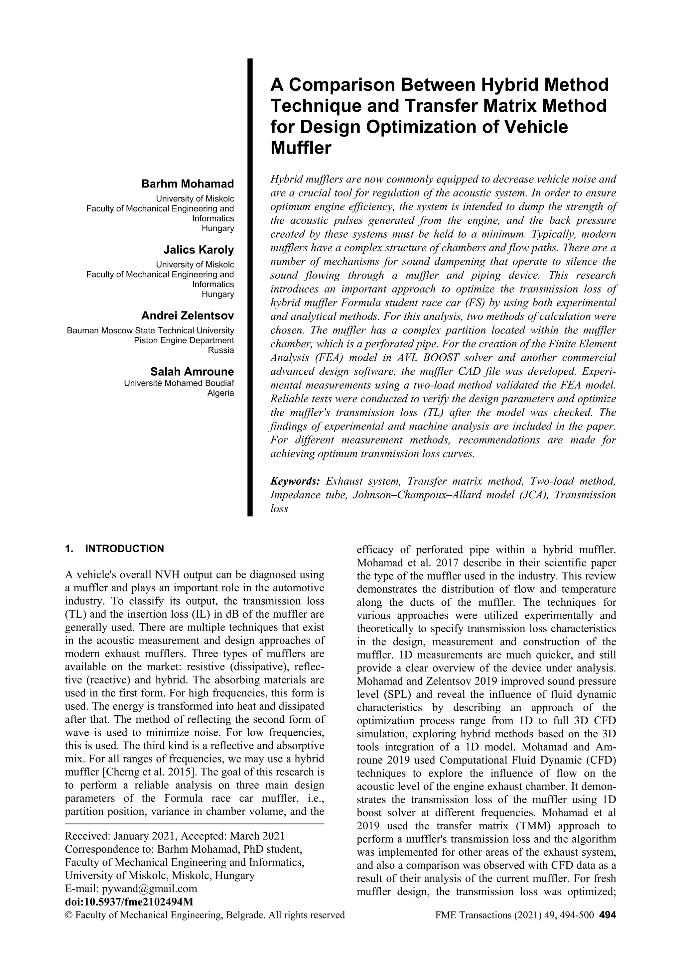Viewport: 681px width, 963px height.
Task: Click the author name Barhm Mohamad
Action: point(187,184)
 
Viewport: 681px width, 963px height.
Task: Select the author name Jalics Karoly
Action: point(199,250)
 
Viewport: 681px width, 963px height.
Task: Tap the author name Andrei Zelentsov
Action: point(187,315)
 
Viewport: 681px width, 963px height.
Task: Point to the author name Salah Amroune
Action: point(192,372)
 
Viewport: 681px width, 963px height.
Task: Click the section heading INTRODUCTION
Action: point(124,548)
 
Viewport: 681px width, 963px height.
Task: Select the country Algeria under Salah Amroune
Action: point(221,393)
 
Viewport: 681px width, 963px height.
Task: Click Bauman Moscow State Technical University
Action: point(150,330)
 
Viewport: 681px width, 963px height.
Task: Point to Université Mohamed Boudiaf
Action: point(179,383)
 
